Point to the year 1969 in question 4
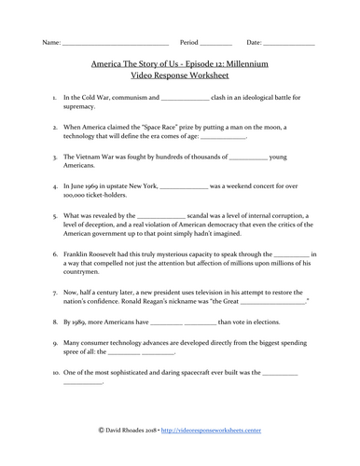pyautogui.click(x=102, y=189)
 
